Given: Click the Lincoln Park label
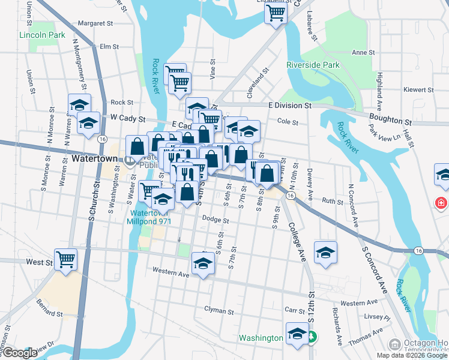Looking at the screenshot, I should tap(42, 35).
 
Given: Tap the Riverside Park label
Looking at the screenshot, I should tap(313, 65).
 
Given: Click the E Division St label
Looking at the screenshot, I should tap(290, 105).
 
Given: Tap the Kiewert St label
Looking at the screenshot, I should tap(418, 90).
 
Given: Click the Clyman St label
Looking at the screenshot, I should tap(218, 311).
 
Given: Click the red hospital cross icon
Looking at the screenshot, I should tap(442, 203).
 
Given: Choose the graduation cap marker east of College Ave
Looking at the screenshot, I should tap(325, 252).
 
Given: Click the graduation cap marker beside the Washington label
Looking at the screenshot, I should tap(297, 334).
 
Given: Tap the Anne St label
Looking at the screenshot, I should tap(363, 53).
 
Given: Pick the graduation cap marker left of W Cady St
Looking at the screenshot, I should tap(89, 123).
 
